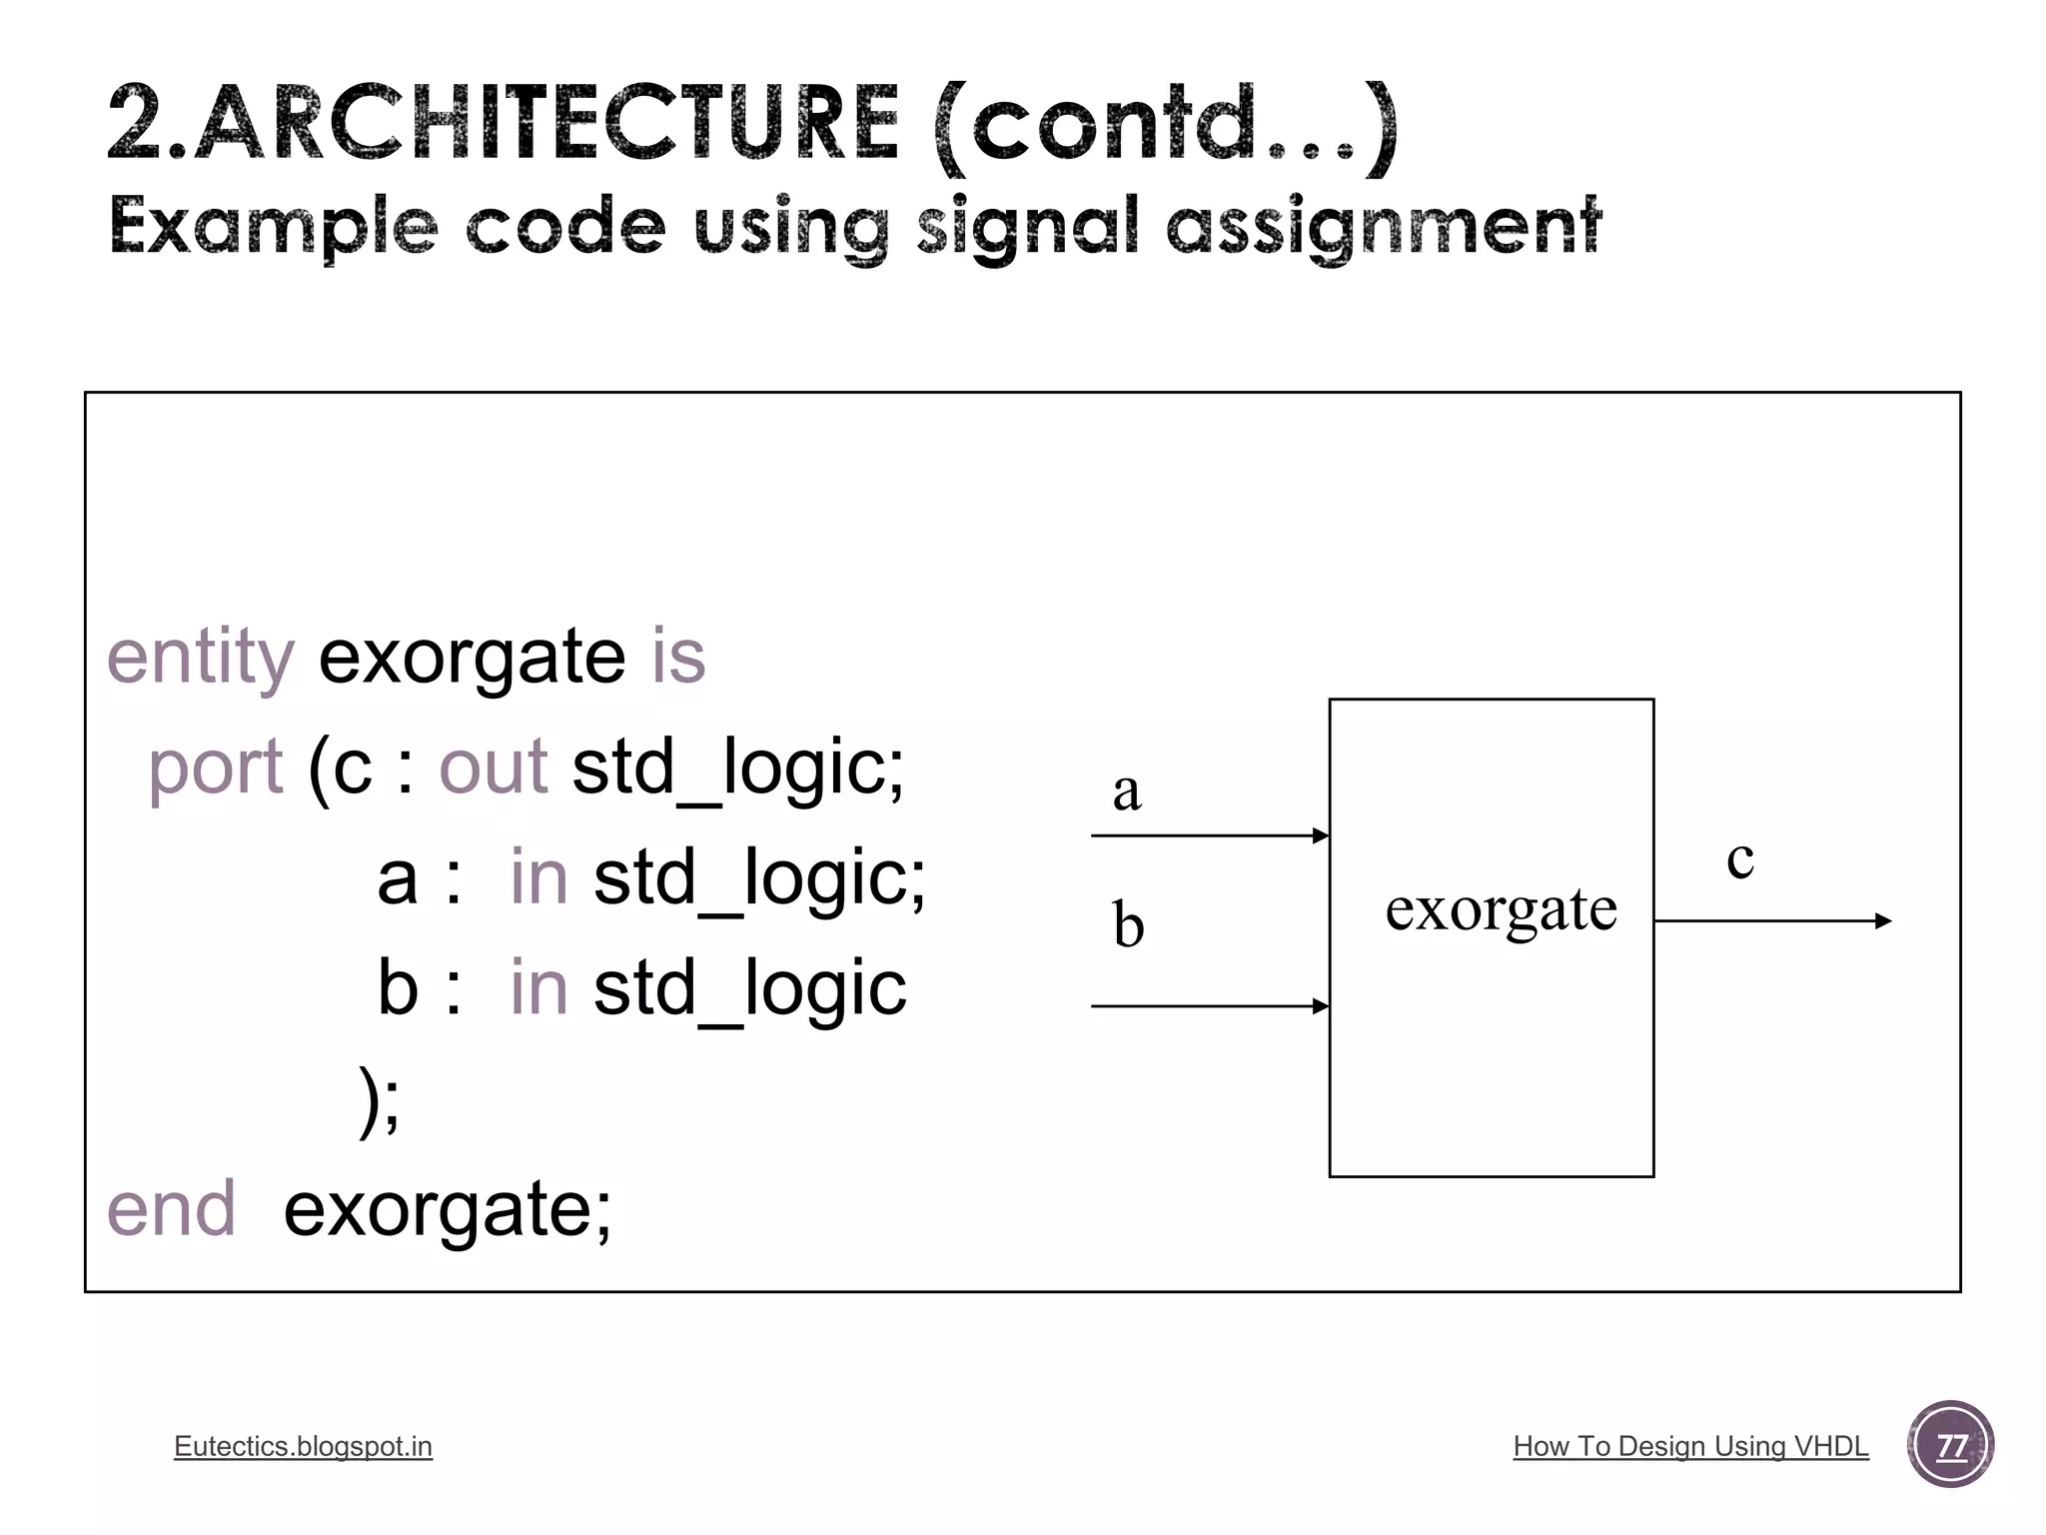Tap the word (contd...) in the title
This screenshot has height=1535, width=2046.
[1165, 124]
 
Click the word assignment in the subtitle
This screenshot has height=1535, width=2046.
[1384, 227]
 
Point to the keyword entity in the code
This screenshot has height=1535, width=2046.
[200, 658]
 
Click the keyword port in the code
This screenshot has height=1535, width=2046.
[215, 767]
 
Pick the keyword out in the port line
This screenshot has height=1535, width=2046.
[493, 767]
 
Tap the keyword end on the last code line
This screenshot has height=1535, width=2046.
[171, 1209]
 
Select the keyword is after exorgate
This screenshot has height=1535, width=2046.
[678, 658]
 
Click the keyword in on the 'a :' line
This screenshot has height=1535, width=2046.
[538, 877]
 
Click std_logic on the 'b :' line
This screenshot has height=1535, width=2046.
[749, 988]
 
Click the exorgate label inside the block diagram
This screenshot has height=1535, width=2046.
[1501, 909]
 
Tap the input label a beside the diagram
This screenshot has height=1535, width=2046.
[1126, 790]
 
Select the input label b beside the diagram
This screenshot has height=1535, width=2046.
[1128, 924]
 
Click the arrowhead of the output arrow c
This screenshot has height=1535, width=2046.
[1883, 921]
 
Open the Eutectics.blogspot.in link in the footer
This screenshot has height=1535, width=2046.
[303, 1446]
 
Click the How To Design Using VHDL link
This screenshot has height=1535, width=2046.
[1690, 1446]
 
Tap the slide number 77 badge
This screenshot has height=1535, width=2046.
[1950, 1445]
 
